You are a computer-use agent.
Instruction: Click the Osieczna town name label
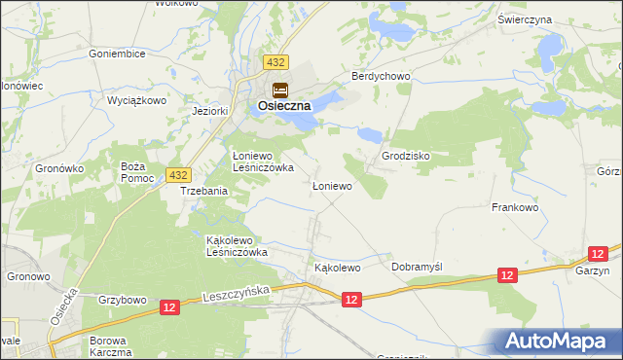[x=284, y=106]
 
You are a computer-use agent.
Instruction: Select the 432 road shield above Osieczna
[x=275, y=62]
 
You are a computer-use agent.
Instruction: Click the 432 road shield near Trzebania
[x=176, y=174]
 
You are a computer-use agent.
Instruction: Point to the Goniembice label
[x=116, y=54]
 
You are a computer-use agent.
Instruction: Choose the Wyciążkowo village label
[x=136, y=101]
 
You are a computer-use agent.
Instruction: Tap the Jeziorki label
[x=210, y=111]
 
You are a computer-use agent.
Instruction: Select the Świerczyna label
[x=551, y=19]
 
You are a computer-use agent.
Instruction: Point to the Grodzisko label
[x=406, y=156]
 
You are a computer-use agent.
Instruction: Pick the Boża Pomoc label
[x=132, y=171]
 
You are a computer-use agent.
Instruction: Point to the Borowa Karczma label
[x=109, y=346]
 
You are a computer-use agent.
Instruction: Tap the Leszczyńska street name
[x=236, y=292]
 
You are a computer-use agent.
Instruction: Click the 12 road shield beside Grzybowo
[x=170, y=306]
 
